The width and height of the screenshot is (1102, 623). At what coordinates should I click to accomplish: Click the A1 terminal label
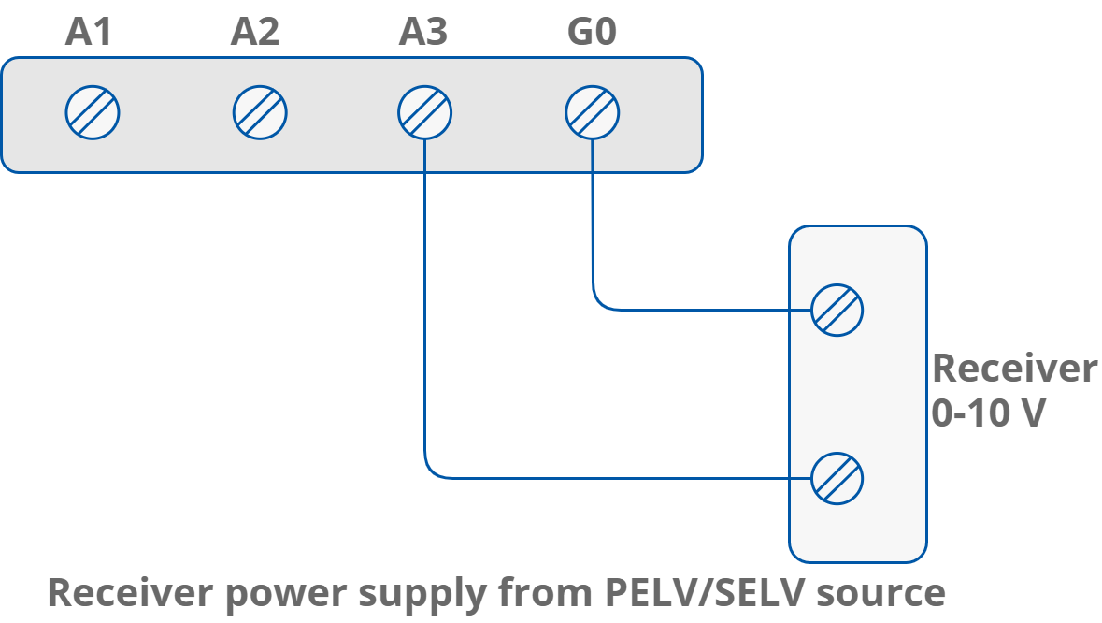(x=89, y=34)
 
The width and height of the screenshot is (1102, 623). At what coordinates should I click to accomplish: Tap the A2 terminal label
(x=255, y=34)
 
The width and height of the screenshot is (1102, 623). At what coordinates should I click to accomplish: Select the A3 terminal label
(x=423, y=34)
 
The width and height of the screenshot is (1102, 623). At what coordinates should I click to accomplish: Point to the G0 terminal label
(x=592, y=34)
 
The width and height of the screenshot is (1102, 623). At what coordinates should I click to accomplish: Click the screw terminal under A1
(x=93, y=113)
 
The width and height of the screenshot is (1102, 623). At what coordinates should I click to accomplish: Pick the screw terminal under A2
(x=260, y=113)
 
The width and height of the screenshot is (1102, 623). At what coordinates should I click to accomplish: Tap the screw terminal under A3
(x=424, y=113)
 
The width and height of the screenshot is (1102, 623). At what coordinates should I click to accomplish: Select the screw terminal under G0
(x=593, y=113)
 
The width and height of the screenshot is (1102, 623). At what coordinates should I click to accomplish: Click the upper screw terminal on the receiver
(x=837, y=310)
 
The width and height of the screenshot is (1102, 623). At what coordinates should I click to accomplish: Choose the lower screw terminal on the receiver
(x=837, y=479)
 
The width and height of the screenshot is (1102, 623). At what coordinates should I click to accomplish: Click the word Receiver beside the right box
(x=1014, y=369)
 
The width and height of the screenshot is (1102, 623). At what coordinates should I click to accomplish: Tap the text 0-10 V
(x=987, y=413)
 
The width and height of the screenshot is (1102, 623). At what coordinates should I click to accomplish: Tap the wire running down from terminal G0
(x=592, y=225)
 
